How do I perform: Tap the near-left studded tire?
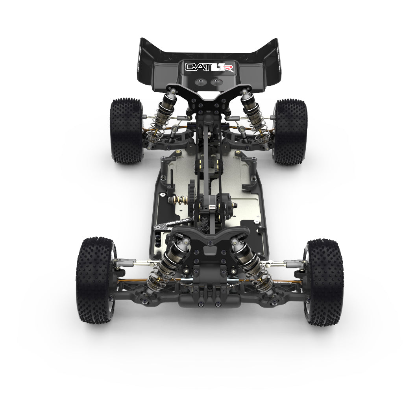[x=94, y=280]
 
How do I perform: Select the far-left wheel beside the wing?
[x=126, y=131]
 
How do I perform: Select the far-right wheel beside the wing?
[x=290, y=131]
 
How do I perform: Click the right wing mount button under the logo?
[x=216, y=82]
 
